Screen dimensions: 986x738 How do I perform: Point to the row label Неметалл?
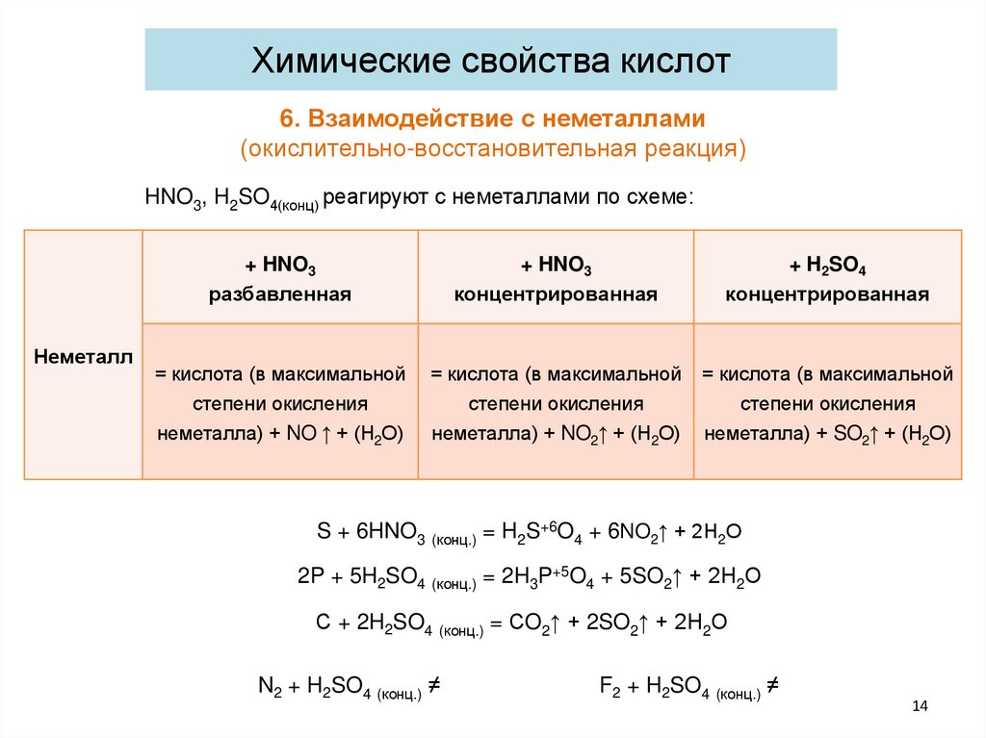83,355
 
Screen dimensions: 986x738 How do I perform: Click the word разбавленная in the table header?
279,294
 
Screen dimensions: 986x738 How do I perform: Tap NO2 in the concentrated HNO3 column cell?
577,435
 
